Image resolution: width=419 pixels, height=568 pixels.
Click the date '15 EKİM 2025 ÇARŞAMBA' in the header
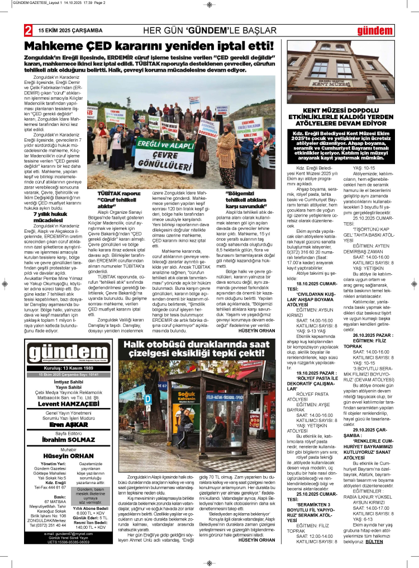click(x=70, y=30)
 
